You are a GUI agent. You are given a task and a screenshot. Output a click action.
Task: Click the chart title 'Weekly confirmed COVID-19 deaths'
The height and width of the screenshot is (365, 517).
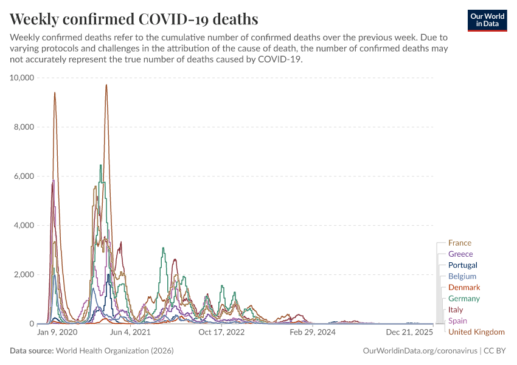tap(134, 19)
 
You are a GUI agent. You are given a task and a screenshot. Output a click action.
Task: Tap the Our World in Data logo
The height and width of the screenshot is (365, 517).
tap(487, 20)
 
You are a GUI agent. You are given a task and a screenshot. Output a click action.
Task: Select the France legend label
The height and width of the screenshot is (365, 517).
tap(459, 243)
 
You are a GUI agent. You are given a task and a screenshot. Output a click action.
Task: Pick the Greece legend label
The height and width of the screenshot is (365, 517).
tap(460, 254)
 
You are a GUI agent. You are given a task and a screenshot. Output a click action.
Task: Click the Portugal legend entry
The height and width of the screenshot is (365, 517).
tap(462, 265)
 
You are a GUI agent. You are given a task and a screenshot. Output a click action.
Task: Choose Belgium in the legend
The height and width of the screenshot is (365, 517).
tap(462, 276)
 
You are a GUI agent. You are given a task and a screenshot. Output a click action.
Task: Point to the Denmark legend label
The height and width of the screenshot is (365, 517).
tap(463, 287)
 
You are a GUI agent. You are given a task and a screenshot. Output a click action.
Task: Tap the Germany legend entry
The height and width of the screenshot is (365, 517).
tap(463, 298)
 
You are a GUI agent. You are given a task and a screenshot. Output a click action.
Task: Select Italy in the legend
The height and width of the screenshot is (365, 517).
tap(455, 310)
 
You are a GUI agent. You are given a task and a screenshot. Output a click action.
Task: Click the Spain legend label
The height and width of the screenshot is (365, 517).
tap(457, 321)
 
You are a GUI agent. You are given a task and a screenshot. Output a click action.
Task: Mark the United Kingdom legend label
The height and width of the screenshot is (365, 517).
tap(476, 332)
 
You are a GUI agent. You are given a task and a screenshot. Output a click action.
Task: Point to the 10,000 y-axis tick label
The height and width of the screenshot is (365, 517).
tap(23, 78)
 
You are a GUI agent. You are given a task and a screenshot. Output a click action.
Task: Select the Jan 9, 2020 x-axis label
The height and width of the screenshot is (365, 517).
tap(57, 333)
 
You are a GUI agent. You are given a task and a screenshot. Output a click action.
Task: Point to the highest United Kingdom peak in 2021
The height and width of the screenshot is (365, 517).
tap(106, 85)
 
